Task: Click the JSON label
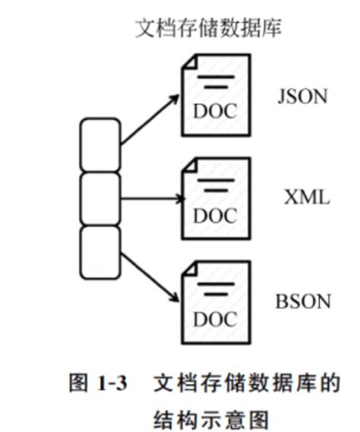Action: [302, 97]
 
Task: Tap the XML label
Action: [307, 198]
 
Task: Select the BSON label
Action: [303, 301]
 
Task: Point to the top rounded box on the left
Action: [100, 144]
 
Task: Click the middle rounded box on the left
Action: [100, 198]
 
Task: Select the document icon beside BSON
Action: [215, 301]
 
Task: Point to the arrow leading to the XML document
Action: [151, 200]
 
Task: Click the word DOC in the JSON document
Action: [215, 111]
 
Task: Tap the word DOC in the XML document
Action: [215, 216]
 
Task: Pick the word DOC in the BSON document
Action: [215, 320]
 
